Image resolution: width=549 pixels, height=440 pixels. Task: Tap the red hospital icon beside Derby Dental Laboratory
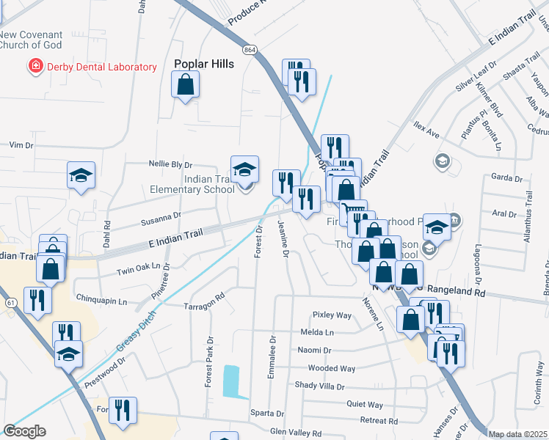(34, 67)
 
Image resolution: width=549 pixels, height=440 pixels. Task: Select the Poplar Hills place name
(204, 64)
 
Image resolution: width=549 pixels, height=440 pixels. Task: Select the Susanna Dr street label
(161, 217)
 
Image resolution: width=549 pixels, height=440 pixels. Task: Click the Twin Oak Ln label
(139, 269)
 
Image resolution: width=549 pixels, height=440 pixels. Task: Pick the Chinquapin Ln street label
(101, 301)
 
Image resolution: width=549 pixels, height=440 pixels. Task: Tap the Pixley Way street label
(332, 315)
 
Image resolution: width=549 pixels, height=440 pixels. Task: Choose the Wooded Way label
(331, 368)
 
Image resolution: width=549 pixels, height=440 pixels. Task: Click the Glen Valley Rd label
(296, 433)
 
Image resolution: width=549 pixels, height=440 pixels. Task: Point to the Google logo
(24, 431)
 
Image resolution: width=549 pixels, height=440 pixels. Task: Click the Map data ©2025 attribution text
(518, 434)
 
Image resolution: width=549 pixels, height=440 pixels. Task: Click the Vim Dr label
(22, 145)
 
